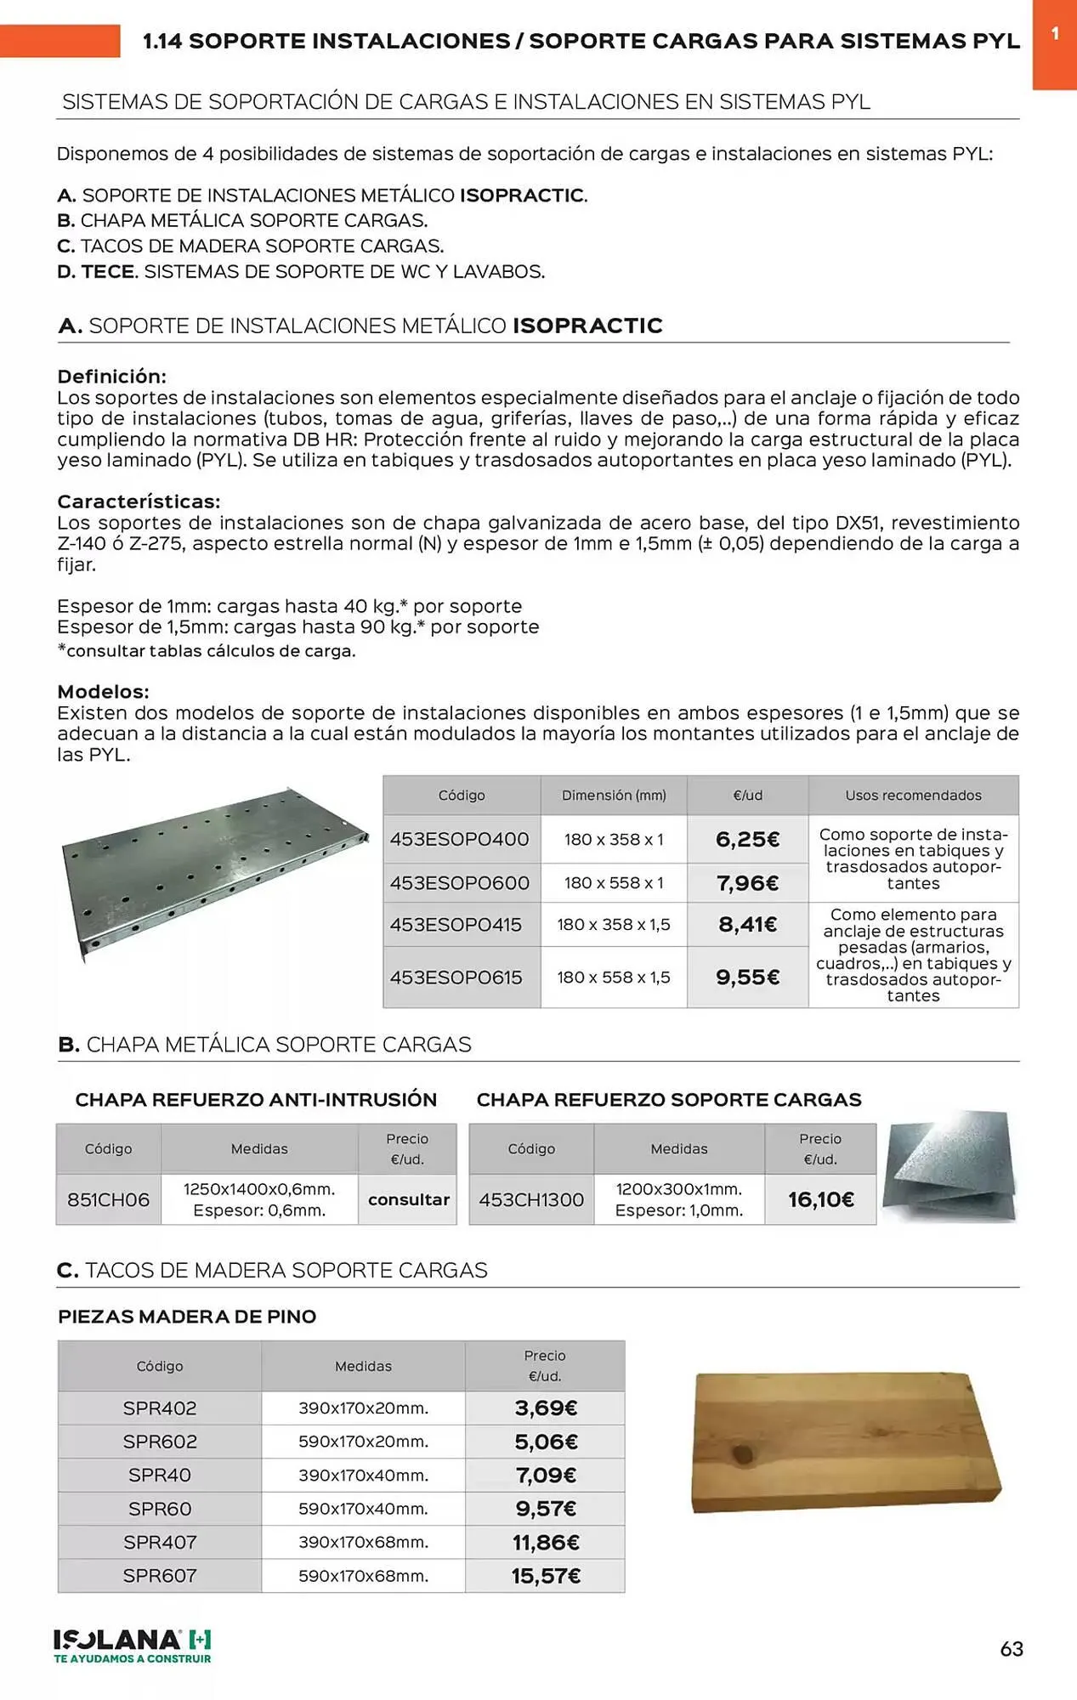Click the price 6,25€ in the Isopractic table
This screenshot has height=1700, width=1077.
(747, 840)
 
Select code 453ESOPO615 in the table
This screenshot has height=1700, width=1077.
(456, 977)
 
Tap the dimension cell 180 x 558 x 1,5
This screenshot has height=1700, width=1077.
(613, 977)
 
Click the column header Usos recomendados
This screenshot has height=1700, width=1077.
(913, 796)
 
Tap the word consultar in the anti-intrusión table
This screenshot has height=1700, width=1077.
(408, 1199)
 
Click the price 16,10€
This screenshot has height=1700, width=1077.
(820, 1199)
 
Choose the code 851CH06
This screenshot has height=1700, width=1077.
(108, 1199)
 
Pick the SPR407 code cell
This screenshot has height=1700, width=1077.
(160, 1542)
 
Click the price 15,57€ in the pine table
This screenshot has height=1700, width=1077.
(546, 1576)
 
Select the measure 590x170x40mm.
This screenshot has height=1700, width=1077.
(363, 1509)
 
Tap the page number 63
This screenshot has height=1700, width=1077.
(1011, 1649)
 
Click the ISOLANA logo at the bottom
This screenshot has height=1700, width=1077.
(132, 1645)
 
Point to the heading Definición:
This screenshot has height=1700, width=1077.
(111, 377)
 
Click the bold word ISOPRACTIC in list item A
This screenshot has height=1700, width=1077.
(521, 195)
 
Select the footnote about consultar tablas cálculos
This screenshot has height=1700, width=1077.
(206, 651)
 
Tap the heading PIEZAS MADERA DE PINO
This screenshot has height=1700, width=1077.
(187, 1317)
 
